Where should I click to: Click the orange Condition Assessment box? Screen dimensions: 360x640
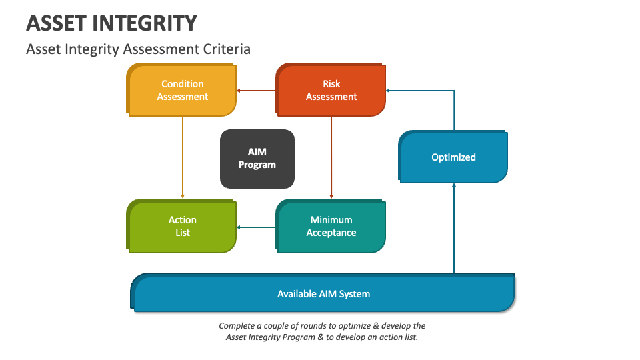[x=182, y=91]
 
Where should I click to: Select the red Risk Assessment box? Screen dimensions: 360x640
[x=331, y=91]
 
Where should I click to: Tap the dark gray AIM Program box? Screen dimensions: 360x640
[x=257, y=159]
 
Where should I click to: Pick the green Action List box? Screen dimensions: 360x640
[x=182, y=227]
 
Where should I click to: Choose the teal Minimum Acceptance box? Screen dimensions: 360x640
[x=331, y=227]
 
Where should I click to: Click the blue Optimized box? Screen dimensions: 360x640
[x=453, y=157]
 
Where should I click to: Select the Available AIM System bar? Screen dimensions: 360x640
[x=324, y=293]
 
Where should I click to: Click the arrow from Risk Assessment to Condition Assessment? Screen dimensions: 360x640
[x=257, y=91]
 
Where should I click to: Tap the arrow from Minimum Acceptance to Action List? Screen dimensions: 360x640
[x=257, y=227]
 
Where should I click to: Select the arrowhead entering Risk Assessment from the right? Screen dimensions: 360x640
[x=390, y=91]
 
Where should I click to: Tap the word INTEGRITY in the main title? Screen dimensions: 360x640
[x=149, y=23]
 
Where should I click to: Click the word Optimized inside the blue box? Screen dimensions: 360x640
[x=453, y=157]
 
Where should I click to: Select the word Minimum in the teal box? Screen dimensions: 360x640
[x=331, y=220]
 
